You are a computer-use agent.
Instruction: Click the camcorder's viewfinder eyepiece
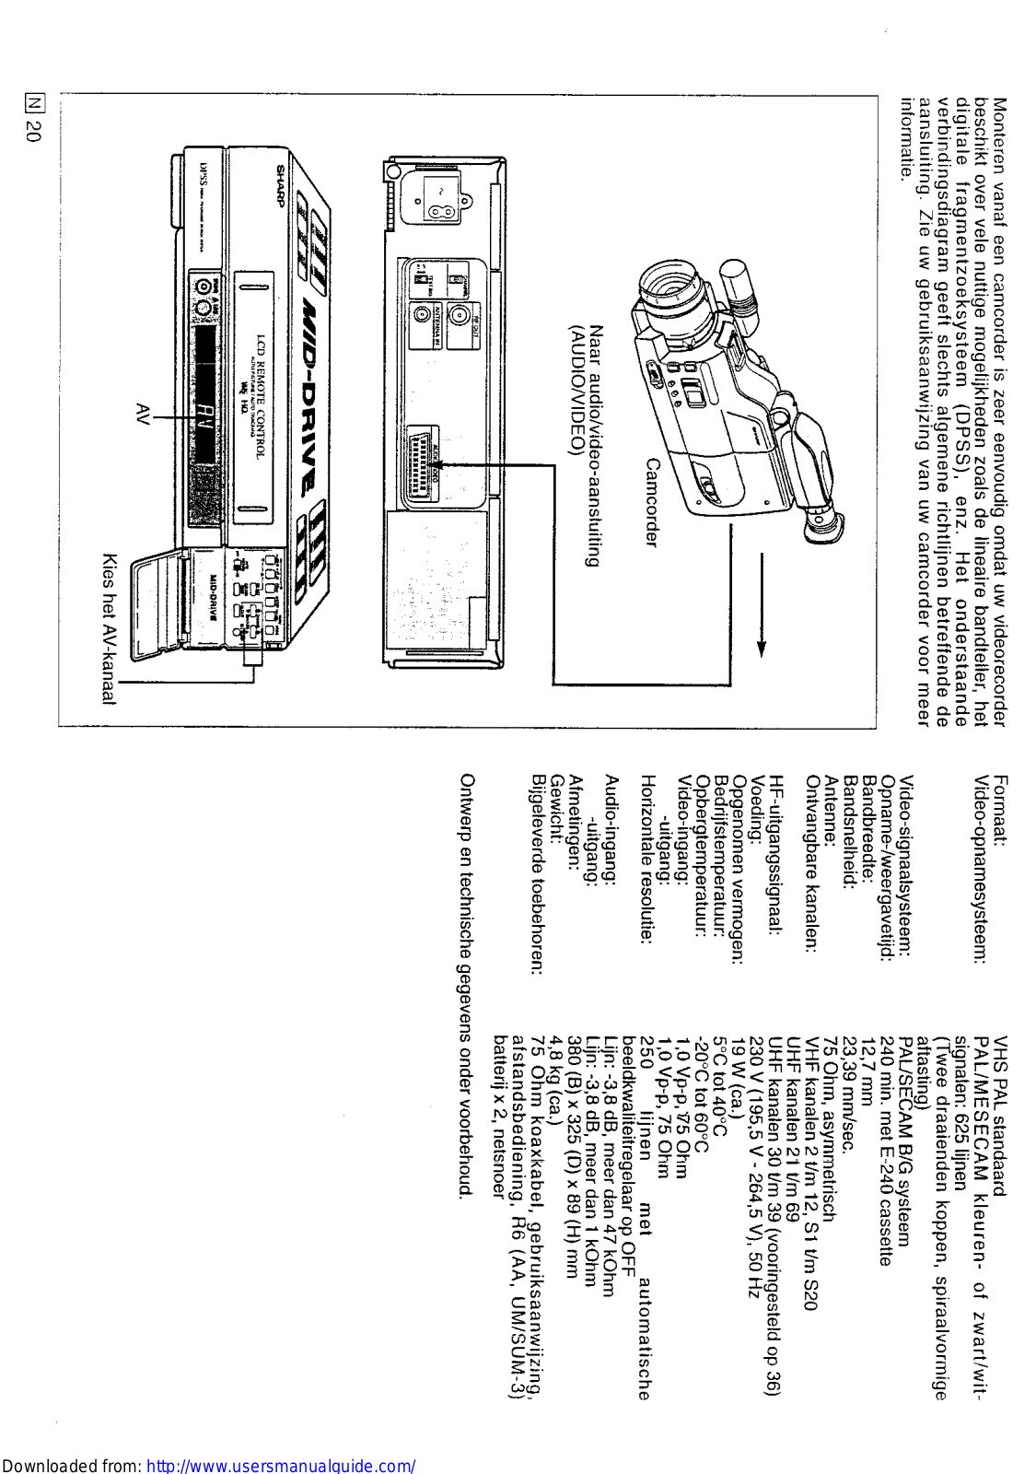point(822,523)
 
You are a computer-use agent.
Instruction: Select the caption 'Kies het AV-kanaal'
point(109,628)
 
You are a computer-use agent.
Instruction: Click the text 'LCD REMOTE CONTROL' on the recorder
point(261,396)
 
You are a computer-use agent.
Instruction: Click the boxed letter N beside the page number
point(33,103)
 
